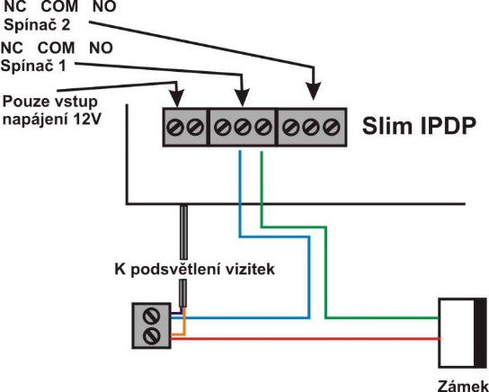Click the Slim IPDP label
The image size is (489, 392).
point(419,126)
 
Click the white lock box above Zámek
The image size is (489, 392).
point(457,333)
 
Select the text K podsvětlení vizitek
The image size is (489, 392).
point(195,270)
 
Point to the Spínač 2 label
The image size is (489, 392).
point(37,25)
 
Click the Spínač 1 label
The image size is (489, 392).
point(33,66)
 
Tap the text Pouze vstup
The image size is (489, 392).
point(50,102)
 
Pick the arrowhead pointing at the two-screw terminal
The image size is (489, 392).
point(177,98)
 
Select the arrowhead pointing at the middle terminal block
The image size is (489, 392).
point(243,98)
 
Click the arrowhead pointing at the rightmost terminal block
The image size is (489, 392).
point(314,92)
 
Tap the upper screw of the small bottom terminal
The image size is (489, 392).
point(151,316)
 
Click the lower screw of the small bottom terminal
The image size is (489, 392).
point(151,336)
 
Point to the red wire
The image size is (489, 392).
point(305,339)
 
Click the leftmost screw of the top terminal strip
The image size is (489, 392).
point(175,128)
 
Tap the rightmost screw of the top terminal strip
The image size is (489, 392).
point(331,128)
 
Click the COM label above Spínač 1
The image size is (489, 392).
point(56,49)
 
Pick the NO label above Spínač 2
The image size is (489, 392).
point(104,6)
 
